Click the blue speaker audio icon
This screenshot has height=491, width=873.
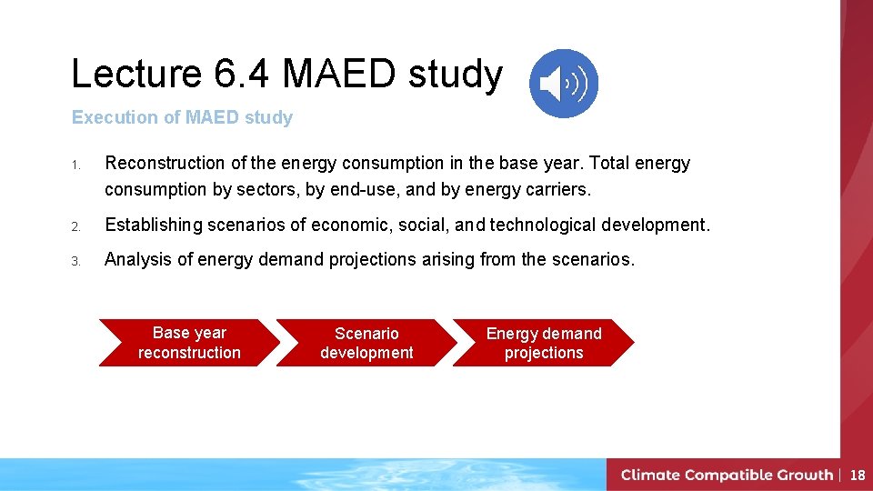tap(564, 84)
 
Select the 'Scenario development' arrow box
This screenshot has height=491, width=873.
tap(366, 343)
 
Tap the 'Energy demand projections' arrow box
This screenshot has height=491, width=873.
tap(544, 343)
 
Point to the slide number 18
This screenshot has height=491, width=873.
tap(858, 475)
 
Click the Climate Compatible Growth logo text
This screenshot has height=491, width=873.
tap(727, 475)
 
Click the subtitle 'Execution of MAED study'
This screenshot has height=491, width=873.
tap(182, 117)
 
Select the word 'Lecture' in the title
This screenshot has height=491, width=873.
tap(136, 75)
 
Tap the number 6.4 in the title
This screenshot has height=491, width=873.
tap(243, 75)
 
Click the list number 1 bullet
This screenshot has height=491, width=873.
tap(78, 165)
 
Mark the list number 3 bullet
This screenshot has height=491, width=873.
tap(78, 261)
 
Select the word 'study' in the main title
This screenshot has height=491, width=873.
tap(456, 75)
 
